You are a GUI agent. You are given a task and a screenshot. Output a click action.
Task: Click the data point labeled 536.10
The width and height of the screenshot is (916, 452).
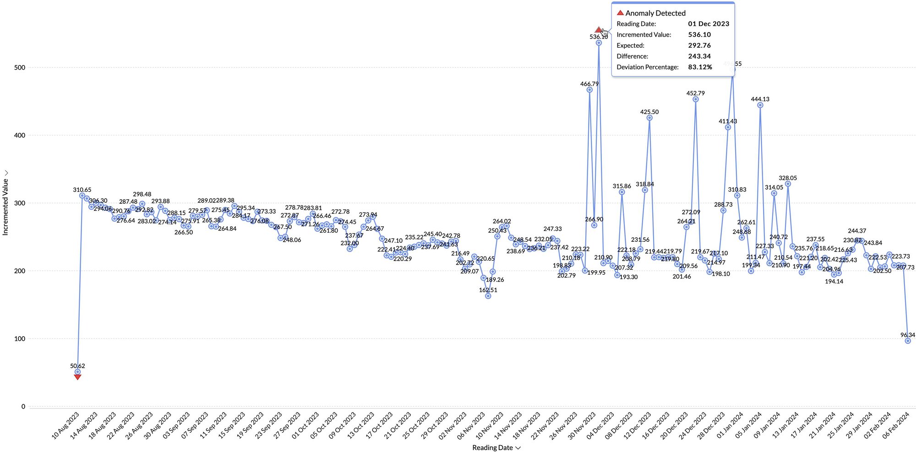pos(599,43)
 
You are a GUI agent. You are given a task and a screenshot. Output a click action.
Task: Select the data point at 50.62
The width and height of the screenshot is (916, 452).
pos(77,372)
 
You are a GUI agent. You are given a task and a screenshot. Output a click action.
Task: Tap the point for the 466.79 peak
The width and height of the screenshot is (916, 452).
pos(589,90)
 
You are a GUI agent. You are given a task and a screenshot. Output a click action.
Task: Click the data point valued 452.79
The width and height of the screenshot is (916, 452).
pos(696,99)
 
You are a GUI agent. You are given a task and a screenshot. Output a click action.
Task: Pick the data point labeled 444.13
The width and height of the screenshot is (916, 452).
pos(760,105)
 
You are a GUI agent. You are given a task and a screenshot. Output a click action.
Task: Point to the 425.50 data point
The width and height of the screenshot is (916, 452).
pos(649,118)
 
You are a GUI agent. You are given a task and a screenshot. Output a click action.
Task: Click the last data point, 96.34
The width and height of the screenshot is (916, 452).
pos(908,341)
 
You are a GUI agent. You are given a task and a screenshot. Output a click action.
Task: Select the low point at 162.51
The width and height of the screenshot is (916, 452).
pos(488,296)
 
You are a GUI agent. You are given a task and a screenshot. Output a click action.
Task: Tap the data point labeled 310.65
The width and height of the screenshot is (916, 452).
pos(82,196)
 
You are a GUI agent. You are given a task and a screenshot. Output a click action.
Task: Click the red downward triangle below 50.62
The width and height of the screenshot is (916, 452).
pos(77,377)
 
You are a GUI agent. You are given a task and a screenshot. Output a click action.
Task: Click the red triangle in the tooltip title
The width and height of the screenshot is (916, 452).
pos(620,13)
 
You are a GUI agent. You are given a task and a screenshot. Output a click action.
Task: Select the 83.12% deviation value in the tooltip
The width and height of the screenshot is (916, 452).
pos(700,67)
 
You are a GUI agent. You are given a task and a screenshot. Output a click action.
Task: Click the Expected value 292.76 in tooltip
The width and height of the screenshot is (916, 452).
pos(699,45)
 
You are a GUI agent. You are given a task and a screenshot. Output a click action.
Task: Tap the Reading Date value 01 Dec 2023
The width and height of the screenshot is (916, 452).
pos(709,24)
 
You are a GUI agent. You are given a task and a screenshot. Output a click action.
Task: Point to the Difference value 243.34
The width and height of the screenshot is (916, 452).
pos(699,56)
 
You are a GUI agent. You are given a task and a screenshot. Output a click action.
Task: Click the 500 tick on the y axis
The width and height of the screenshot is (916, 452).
pos(20,67)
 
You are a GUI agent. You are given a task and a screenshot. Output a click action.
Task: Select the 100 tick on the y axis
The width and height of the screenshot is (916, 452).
pos(20,339)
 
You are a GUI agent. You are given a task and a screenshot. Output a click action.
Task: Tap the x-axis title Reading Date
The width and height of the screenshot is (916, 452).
pos(492,447)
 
